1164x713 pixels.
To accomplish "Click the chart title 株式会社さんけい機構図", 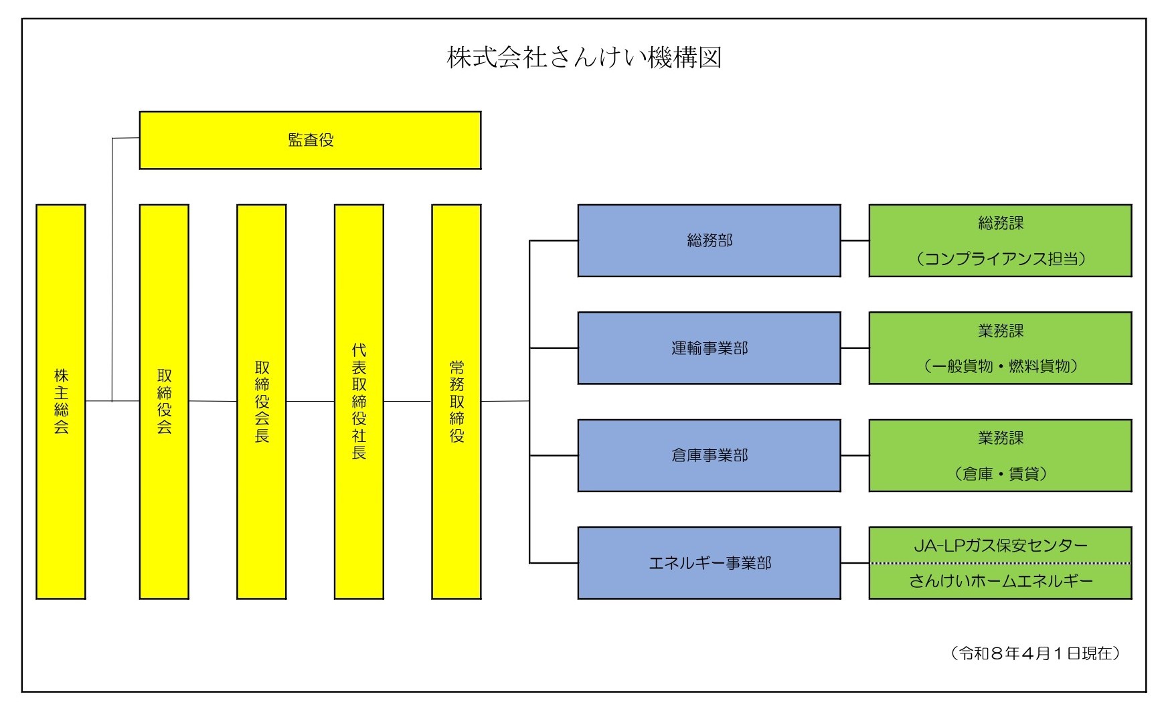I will click(x=584, y=58).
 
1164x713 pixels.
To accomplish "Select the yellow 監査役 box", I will click(x=310, y=140).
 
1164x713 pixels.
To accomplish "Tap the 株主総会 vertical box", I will click(x=61, y=401).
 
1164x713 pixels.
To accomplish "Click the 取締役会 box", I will click(x=164, y=401).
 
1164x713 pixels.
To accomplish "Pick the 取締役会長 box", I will click(x=262, y=401).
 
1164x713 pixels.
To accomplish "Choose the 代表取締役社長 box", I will click(x=359, y=401).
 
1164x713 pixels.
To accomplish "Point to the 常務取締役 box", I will click(x=456, y=401).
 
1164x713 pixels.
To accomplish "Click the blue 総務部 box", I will click(x=709, y=240).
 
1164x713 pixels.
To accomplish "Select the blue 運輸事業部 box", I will click(x=709, y=348).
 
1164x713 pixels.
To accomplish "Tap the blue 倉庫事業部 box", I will click(x=709, y=455).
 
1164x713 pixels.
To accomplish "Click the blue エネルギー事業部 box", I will click(x=709, y=563).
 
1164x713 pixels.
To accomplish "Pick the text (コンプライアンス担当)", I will click(x=1001, y=259).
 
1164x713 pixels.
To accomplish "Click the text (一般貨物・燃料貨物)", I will click(x=1001, y=366).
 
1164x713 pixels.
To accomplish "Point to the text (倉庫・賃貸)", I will click(x=1001, y=474).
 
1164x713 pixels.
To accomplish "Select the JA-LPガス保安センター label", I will click(x=1001, y=546).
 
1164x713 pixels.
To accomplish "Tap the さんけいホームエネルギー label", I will click(x=1001, y=581).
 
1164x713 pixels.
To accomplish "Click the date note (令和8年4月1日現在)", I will click(x=1035, y=653).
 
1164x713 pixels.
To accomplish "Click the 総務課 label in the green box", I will click(x=1001, y=224).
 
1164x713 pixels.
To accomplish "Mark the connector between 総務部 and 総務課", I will click(x=855, y=240).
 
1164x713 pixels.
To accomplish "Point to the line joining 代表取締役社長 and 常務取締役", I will click(x=408, y=401).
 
